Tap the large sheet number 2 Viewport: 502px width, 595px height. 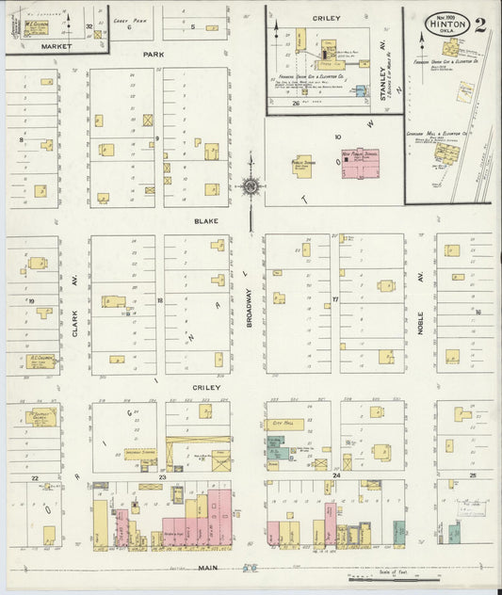pos(480,24)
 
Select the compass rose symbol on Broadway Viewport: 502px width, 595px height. pos(251,185)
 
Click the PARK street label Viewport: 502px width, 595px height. pos(154,55)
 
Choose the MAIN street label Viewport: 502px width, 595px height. pos(209,568)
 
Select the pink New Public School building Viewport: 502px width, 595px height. pos(360,162)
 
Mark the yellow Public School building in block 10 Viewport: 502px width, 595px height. pos(303,165)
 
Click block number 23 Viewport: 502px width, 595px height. pos(162,478)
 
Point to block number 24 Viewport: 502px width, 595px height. pos(335,477)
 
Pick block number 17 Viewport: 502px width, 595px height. pos(334,301)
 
